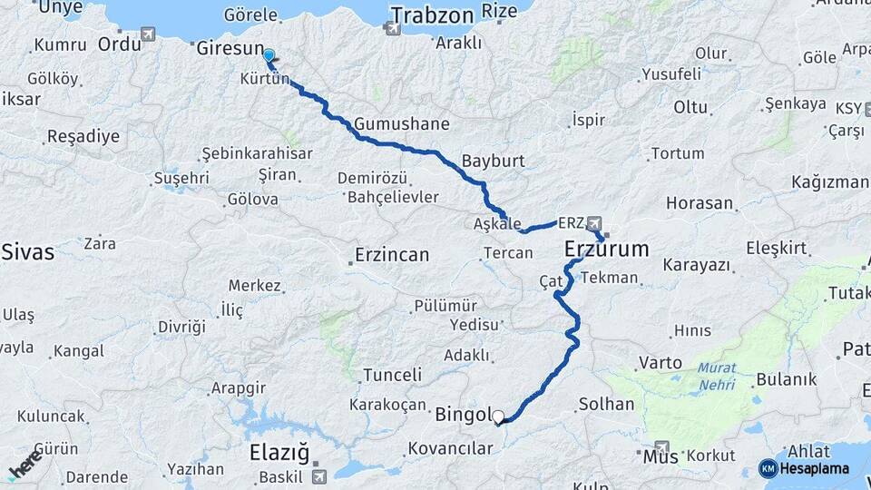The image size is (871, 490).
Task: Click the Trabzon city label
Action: pos(432,15)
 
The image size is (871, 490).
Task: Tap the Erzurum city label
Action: pos(607,249)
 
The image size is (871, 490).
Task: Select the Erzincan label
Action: pos(392,255)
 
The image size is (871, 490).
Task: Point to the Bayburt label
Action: pos(494,162)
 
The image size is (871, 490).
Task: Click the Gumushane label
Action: pos(402,123)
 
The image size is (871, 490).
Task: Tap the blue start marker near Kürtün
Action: pos(269,56)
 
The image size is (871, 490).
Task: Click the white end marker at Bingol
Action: pos(497,417)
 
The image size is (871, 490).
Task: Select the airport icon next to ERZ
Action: pos(594,222)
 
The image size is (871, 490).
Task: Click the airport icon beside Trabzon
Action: pos(392,28)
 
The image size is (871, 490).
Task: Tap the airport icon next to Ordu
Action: pos(148,34)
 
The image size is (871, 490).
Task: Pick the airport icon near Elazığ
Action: pos(318,475)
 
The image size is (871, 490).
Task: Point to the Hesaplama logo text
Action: pos(814,468)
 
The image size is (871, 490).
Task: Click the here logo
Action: pos(24,464)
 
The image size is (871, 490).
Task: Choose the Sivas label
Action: pos(27,251)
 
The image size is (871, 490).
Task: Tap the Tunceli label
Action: pos(392,375)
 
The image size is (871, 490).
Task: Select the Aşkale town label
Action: pos(497,223)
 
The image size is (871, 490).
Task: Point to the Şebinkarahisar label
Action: pos(257,153)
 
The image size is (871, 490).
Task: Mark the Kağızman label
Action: pos(829,182)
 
